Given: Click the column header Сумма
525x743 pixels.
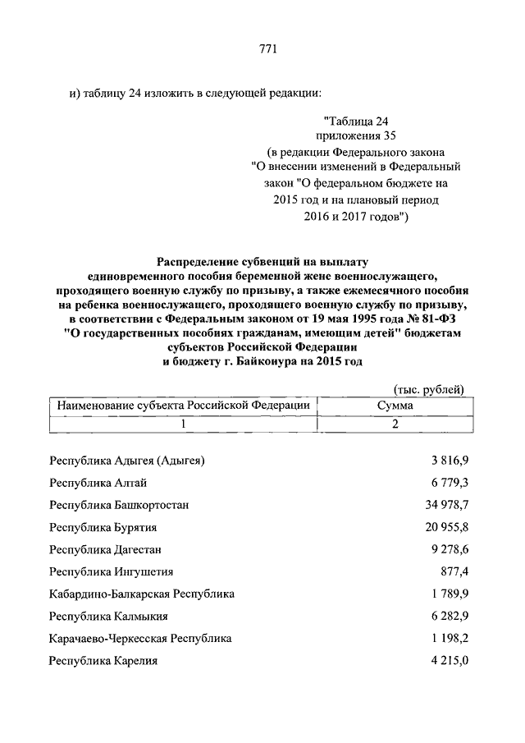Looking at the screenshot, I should [395, 406].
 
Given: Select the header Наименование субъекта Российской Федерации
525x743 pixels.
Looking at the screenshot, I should [182, 406].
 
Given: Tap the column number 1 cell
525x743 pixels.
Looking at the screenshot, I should [184, 424].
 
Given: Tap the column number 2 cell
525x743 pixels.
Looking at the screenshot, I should [395, 424].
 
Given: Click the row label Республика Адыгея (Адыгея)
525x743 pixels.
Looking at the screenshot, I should [126, 461].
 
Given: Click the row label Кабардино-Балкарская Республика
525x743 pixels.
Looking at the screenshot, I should [142, 594].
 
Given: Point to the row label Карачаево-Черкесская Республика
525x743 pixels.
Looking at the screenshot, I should [140, 638].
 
